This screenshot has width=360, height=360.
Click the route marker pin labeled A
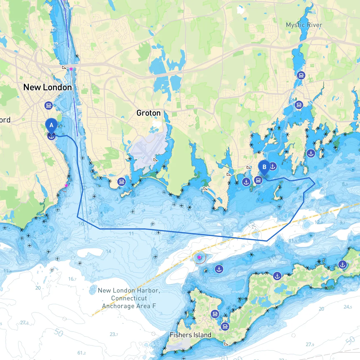click(x=51, y=125)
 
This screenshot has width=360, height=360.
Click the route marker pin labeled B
click(x=264, y=167)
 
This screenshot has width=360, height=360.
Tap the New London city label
click(x=48, y=87)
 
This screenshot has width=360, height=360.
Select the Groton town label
click(x=148, y=113)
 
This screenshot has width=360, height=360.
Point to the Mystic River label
click(x=304, y=25)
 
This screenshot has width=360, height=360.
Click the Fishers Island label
click(x=190, y=335)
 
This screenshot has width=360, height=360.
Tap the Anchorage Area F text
click(x=129, y=306)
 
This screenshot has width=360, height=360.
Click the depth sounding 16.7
click(x=72, y=279)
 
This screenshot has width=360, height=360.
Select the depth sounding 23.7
click(x=114, y=334)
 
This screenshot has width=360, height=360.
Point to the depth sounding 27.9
click(x=310, y=344)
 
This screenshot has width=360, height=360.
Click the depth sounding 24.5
click(x=348, y=307)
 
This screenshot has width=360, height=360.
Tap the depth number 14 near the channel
click(x=109, y=251)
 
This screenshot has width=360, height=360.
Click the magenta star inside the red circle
click(x=199, y=257)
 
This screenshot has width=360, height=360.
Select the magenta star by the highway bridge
click(x=71, y=69)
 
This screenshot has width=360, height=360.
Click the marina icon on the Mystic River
click(x=301, y=75)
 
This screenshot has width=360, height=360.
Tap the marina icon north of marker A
click(x=49, y=105)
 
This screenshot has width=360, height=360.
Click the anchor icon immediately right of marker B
click(x=273, y=166)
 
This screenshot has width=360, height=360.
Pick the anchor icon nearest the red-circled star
click(x=219, y=269)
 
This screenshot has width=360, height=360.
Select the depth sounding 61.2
click(x=82, y=353)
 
